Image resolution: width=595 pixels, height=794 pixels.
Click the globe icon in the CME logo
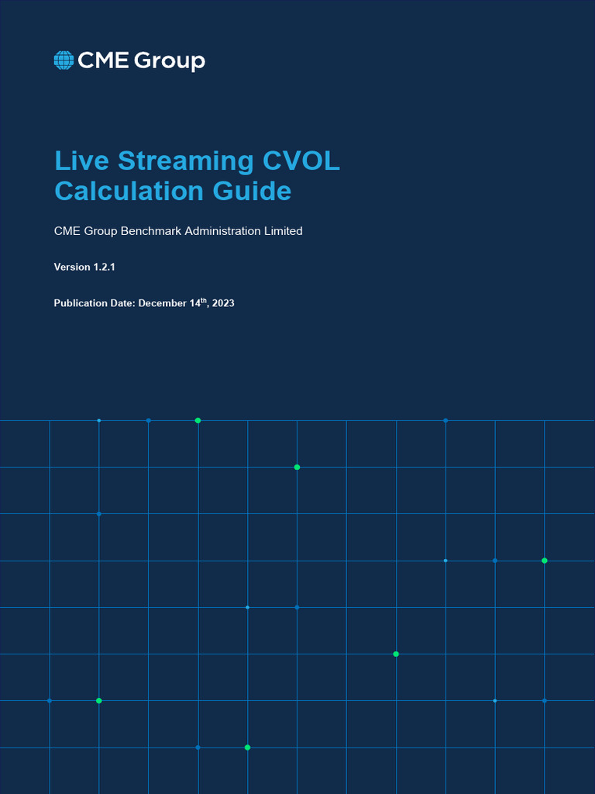64,60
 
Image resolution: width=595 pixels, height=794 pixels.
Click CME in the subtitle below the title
67,231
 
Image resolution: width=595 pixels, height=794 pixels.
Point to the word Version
72,267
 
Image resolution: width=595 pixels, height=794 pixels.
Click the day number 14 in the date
194,303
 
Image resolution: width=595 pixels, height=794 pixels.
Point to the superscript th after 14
204,300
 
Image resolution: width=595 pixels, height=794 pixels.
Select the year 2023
222,303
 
